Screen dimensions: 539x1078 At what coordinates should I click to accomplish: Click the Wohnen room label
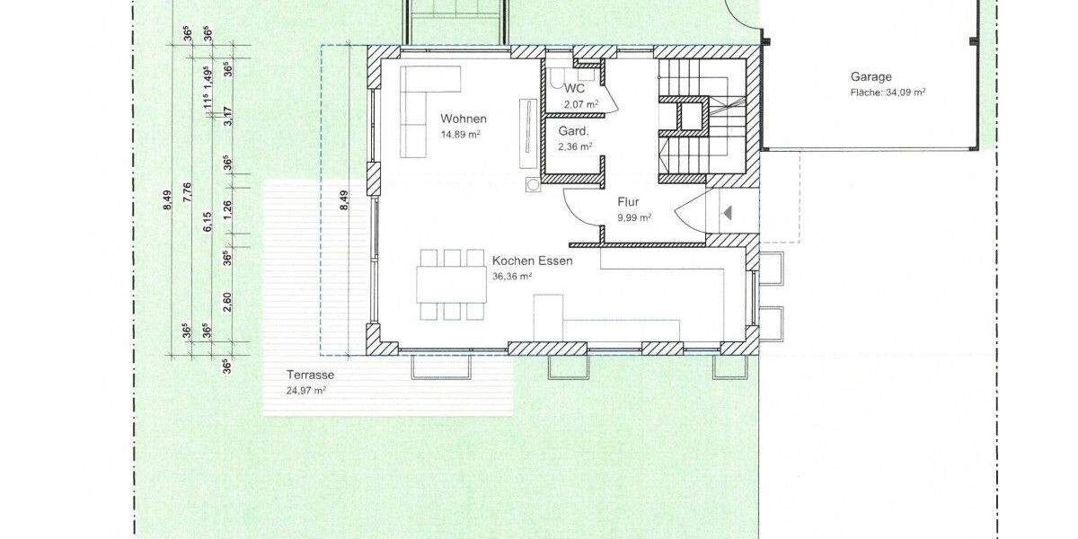(x=463, y=119)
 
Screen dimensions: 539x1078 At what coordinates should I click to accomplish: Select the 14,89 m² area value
(x=460, y=135)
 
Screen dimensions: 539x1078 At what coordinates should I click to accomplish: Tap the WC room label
(x=575, y=88)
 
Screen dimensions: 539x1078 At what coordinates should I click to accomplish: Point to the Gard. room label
(x=574, y=130)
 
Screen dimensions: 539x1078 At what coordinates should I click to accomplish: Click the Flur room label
(x=628, y=202)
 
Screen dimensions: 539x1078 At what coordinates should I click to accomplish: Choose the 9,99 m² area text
(x=633, y=217)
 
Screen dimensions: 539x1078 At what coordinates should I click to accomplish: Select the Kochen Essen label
(x=533, y=261)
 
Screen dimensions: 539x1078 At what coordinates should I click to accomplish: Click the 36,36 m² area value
(x=512, y=277)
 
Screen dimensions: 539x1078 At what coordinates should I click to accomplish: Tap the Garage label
(x=871, y=76)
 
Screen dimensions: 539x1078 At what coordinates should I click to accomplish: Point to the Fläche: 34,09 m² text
(x=888, y=92)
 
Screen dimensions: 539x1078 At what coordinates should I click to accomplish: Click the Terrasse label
(x=310, y=375)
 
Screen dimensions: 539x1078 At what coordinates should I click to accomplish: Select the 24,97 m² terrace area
(x=305, y=390)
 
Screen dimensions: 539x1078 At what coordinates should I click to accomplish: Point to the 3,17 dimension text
(x=228, y=117)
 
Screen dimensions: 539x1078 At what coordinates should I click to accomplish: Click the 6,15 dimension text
(x=208, y=221)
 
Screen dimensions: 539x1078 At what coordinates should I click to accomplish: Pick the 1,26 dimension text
(x=228, y=208)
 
